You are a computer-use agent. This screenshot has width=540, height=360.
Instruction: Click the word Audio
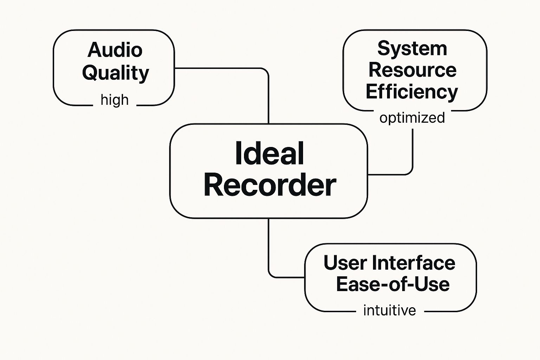click(115, 50)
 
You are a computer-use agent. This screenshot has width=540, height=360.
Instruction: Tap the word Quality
click(116, 73)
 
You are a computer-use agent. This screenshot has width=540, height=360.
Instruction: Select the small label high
click(115, 100)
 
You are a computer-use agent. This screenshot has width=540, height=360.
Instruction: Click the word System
click(412, 49)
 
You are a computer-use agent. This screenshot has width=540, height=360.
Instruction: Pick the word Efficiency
click(412, 92)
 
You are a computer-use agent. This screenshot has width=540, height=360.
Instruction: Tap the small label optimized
click(412, 118)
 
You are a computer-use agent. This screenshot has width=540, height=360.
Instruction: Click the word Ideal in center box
click(269, 153)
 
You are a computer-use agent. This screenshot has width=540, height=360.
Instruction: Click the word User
click(345, 263)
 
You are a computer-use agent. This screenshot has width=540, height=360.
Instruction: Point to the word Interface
click(413, 263)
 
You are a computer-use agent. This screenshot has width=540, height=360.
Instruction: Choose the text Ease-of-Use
click(393, 284)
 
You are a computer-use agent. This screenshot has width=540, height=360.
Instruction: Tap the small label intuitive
click(390, 311)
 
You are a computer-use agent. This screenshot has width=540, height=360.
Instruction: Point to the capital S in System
click(384, 49)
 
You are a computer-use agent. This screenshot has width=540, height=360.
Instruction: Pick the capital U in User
click(331, 263)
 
